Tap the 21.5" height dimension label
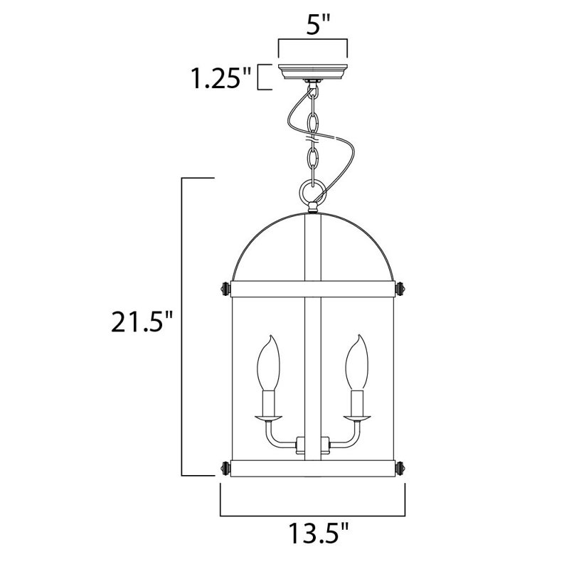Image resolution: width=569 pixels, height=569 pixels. tap(142, 325)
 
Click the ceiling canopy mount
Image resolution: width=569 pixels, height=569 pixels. tap(312, 73)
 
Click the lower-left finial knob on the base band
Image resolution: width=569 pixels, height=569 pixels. tap(226, 468)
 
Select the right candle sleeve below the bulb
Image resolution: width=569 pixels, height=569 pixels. tap(356, 404)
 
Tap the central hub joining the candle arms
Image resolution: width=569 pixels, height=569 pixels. tap(312, 447)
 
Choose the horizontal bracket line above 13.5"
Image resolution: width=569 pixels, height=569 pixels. tap(312, 514)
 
